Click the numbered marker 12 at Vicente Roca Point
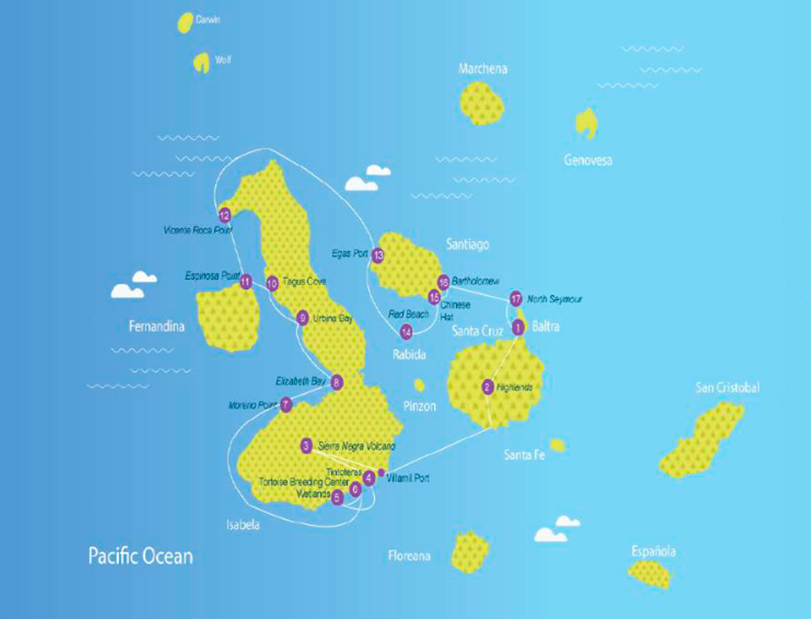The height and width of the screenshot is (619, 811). click(x=224, y=215)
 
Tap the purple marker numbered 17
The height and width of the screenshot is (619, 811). click(x=516, y=298)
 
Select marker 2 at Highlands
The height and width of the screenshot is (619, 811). click(x=488, y=387)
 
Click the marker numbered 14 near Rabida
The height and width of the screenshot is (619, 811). click(x=406, y=332)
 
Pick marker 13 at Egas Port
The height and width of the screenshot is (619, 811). click(x=378, y=254)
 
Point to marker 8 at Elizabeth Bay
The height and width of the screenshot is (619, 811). click(x=337, y=382)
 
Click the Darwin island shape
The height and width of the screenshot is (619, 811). click(x=185, y=23)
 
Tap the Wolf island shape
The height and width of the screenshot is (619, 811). click(x=201, y=62)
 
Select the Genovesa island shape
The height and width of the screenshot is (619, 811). click(x=586, y=123)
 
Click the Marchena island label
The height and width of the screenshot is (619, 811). click(x=483, y=69)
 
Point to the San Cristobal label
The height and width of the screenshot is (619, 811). click(x=728, y=387)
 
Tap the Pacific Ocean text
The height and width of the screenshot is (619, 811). click(x=140, y=556)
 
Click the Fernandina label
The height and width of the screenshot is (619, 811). click(x=156, y=326)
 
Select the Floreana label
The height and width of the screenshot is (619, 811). click(x=410, y=556)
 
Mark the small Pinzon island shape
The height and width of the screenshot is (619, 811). click(x=419, y=385)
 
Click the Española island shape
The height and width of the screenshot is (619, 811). click(x=649, y=574)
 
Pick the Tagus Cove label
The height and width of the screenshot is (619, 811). click(x=304, y=282)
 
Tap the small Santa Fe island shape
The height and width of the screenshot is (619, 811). click(x=557, y=444)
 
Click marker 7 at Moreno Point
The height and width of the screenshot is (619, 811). click(x=286, y=405)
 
